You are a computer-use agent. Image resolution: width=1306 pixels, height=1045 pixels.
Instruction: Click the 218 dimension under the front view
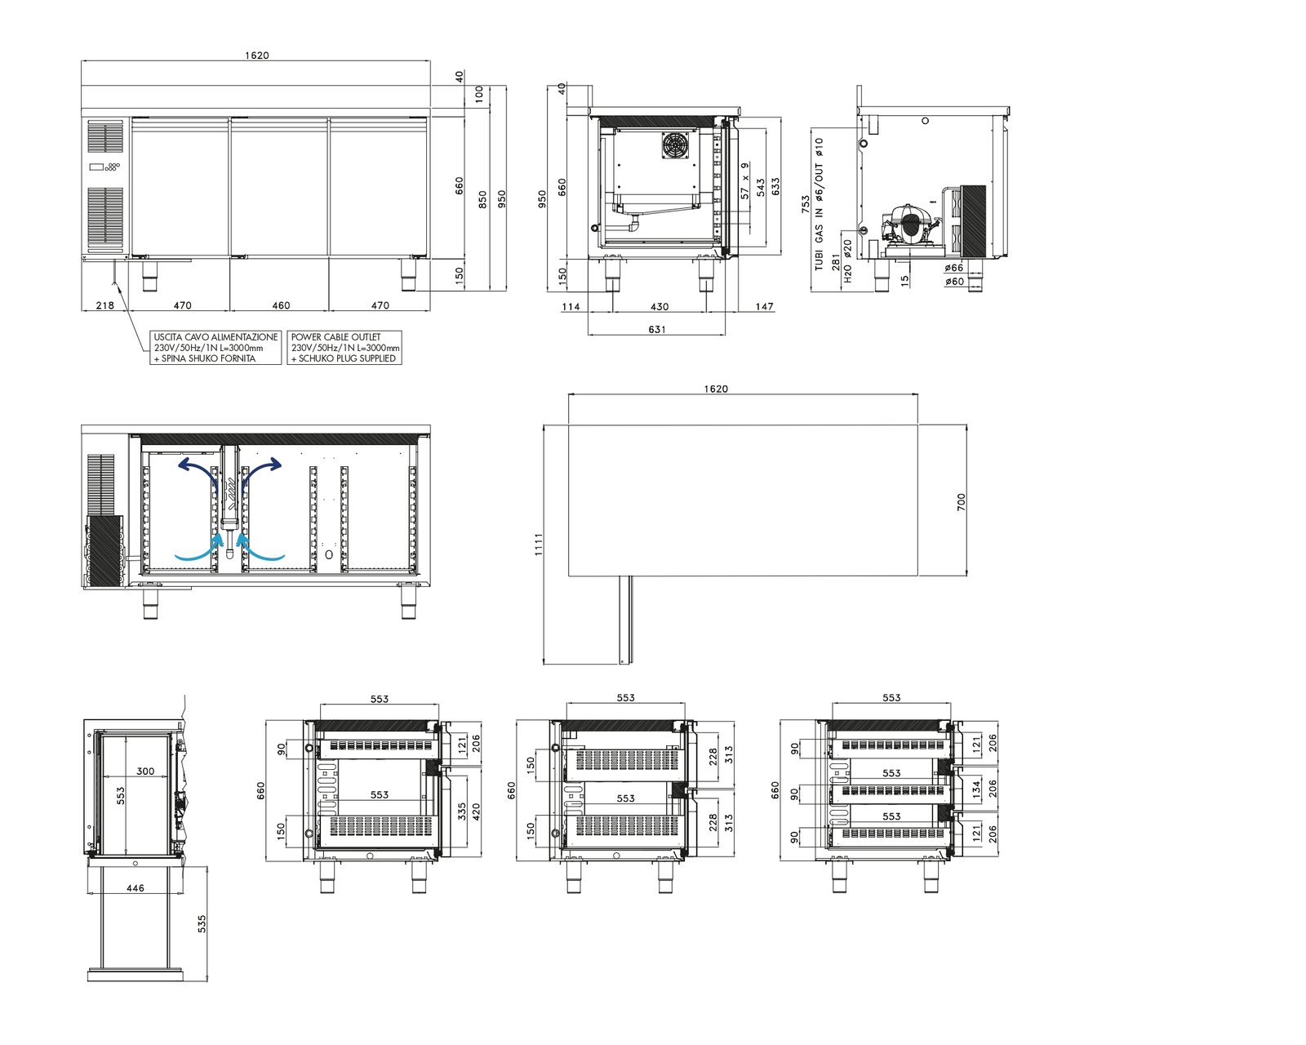(105, 305)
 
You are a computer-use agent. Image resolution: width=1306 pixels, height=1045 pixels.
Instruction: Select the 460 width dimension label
(281, 305)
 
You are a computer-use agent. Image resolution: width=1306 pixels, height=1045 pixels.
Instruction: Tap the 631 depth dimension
(656, 330)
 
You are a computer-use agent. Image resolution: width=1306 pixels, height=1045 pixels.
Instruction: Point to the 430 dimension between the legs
(660, 307)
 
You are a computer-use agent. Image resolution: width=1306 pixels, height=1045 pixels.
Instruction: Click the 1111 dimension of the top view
(538, 545)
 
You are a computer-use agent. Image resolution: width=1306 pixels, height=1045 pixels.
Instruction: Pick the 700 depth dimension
(961, 501)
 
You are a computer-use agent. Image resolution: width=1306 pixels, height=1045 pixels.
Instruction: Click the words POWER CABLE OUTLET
(335, 337)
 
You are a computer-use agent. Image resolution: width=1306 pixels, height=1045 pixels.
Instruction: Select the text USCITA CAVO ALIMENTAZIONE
(215, 337)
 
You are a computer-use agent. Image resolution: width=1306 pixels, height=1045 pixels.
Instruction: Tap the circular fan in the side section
(673, 145)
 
